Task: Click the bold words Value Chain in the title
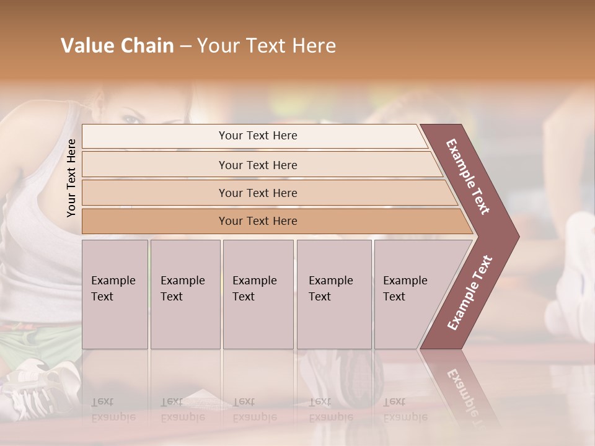coord(117,46)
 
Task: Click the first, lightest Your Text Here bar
coord(257,136)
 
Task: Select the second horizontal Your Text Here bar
coord(257,165)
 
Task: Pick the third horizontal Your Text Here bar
coord(257,193)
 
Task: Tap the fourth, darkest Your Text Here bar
coord(257,221)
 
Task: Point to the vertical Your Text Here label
coord(71,178)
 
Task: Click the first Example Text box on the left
coord(115,294)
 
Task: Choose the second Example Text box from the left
coord(185,294)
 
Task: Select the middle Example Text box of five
coord(258,294)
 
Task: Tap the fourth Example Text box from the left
coord(334,294)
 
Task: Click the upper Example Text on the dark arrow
coord(469,177)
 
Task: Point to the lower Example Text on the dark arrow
coord(469,293)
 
